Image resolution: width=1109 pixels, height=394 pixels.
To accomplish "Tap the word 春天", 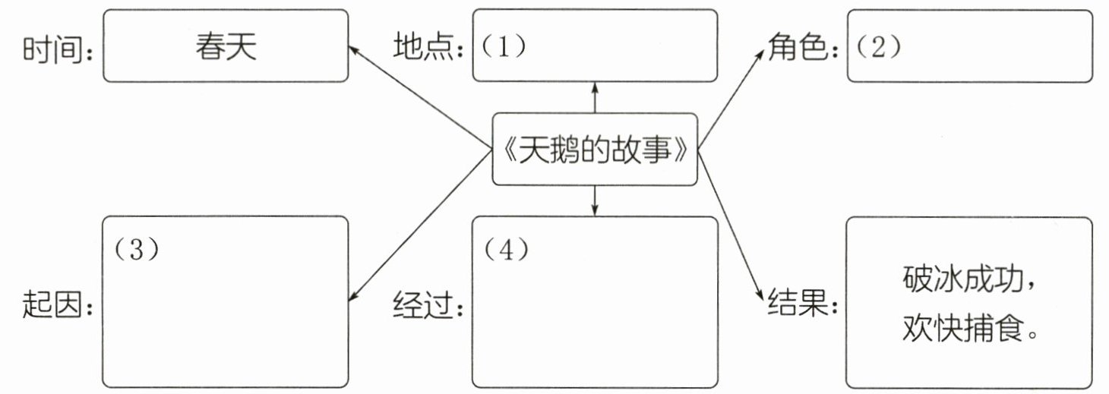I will point(226,47).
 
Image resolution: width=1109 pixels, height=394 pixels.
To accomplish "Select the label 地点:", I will point(429,48).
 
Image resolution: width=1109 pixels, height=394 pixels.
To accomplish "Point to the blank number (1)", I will point(503,46).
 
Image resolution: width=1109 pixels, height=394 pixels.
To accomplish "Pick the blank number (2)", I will point(877,46).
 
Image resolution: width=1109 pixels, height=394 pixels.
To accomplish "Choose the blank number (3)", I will point(136,251).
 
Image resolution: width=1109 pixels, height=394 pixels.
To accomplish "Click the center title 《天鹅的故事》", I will point(595,150).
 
